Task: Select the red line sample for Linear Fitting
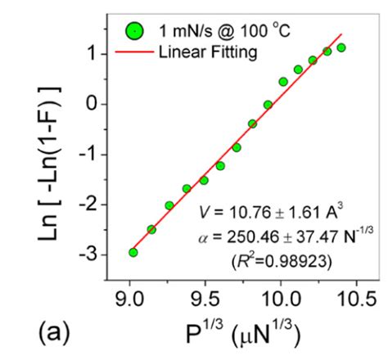[x=134, y=52]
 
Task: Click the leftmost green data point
[x=133, y=252]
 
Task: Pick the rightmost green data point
[x=341, y=47]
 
